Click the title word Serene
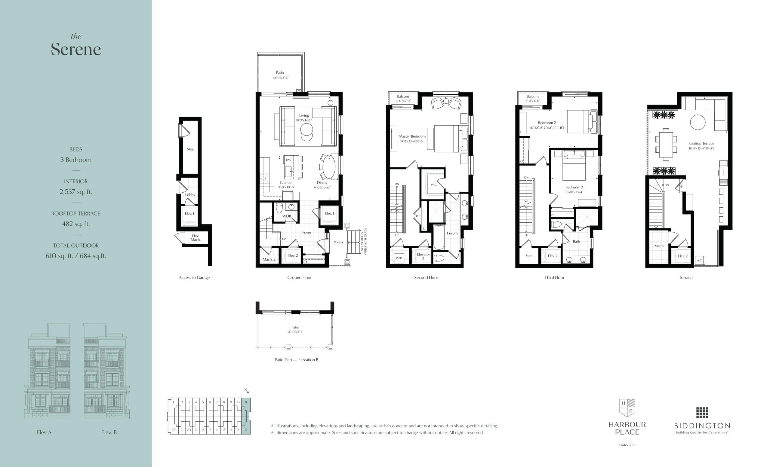click(76, 49)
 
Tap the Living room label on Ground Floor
click(303, 115)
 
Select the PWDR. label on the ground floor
click(286, 216)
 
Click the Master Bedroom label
click(412, 136)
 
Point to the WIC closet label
click(433, 185)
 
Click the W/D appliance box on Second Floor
click(399, 258)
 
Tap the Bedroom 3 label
click(574, 187)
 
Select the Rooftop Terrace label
click(701, 144)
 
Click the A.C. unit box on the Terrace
click(699, 260)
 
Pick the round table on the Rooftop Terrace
click(698, 122)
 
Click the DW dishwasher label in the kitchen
click(288, 160)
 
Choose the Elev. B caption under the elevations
click(109, 432)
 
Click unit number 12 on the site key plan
click(246, 430)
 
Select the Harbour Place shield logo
click(627, 408)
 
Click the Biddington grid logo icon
click(702, 412)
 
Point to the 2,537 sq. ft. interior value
click(76, 192)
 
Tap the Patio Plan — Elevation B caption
click(296, 360)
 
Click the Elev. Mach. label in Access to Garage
click(196, 238)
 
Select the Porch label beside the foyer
click(338, 242)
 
